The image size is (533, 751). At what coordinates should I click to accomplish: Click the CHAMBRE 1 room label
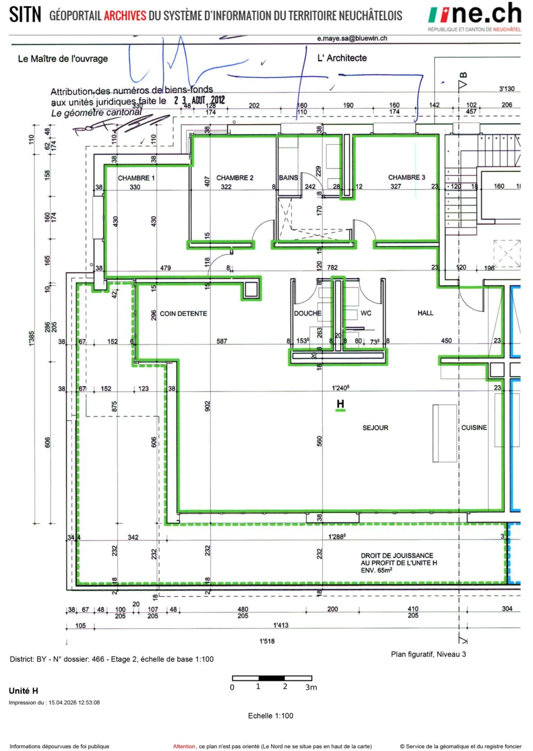click(136, 178)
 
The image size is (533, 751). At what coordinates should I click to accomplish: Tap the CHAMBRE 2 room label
click(235, 177)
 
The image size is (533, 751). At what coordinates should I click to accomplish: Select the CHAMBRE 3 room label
click(406, 177)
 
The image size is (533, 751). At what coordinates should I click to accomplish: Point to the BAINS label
click(288, 177)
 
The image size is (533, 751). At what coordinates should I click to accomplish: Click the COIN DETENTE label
click(183, 314)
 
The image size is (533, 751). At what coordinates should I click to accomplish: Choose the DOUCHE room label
click(308, 313)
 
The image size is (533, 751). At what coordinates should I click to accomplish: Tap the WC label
click(366, 313)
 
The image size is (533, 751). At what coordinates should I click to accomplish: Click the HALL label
click(425, 313)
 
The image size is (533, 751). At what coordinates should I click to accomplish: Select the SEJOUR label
click(375, 427)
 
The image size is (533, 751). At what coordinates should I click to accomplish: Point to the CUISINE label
click(474, 427)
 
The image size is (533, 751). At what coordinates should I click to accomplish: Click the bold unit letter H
click(340, 404)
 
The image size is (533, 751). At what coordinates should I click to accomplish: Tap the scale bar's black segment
click(271, 678)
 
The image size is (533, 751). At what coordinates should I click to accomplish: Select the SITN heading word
click(25, 15)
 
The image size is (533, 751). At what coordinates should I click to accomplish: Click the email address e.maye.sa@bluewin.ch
click(352, 38)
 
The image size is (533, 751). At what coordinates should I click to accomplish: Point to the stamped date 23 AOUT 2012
click(200, 100)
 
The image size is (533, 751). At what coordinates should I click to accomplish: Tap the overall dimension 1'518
click(267, 641)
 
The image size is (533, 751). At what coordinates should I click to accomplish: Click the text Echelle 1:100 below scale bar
click(271, 716)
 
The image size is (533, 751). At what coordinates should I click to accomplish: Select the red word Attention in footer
click(184, 746)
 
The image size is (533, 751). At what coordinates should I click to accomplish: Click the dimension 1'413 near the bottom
click(281, 625)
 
